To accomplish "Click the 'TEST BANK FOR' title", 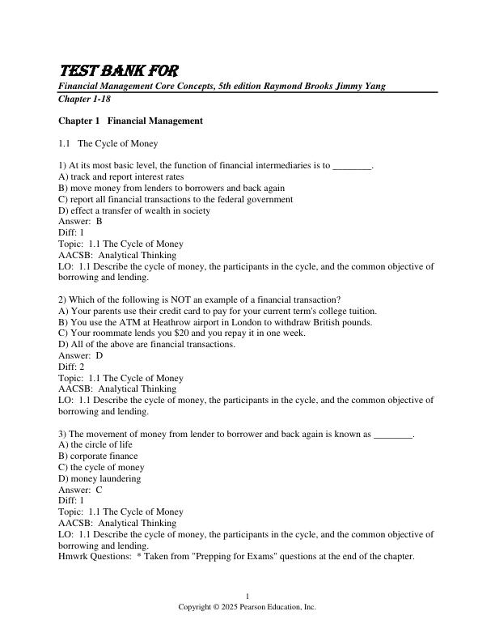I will [x=119, y=71].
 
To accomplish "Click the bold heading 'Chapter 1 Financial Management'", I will [x=130, y=121].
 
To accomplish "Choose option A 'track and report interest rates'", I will [x=121, y=176].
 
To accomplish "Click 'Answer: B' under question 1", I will [x=80, y=221].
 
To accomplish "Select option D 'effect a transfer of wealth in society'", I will [x=134, y=210].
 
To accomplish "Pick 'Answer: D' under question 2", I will [x=81, y=355].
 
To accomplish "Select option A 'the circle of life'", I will [x=95, y=445].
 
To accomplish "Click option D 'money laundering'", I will [x=99, y=478].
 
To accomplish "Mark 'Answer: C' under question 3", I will [x=80, y=490].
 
